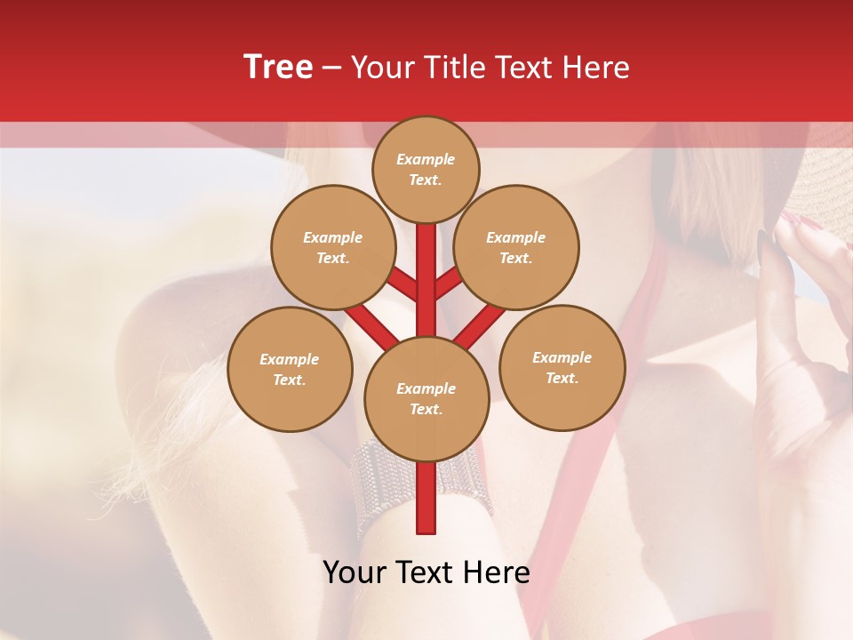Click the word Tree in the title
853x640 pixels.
point(278,68)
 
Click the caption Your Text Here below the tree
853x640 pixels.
point(426,572)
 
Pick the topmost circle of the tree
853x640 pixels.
point(426,169)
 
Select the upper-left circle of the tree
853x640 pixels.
point(333,248)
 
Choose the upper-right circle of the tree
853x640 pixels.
point(516,248)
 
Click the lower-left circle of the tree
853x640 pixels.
point(290,369)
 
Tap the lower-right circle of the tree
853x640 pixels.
point(562,367)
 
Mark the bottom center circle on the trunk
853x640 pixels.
point(426,399)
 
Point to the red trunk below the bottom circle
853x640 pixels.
point(426,498)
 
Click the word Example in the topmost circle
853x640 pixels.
point(426,160)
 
